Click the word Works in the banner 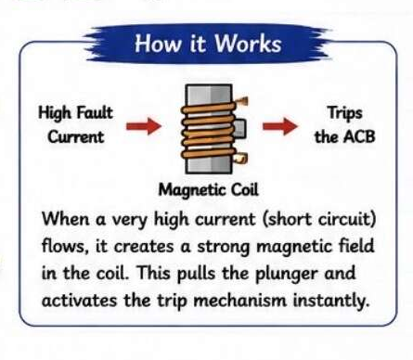pos(248,44)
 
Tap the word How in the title pos(158,44)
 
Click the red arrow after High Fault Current pos(144,126)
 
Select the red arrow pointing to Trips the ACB pos(280,126)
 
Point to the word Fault pos(95,112)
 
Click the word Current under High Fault pos(76,136)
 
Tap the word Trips pos(345,113)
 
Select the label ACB pos(360,136)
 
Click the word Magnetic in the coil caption pos(191,190)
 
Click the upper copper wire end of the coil pos(242,102)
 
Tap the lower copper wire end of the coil pos(240,159)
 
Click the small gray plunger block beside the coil pos(239,129)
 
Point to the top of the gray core pos(209,85)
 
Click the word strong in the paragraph pos(224,248)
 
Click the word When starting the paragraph pos(66,219)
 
